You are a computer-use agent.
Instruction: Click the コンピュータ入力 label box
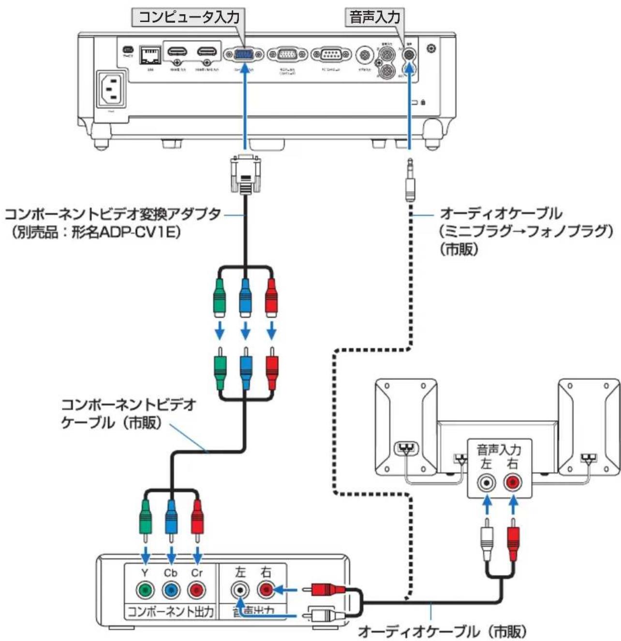pos(189,18)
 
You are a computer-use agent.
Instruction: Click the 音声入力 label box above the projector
pos(375,18)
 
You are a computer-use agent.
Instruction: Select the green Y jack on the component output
pos(145,590)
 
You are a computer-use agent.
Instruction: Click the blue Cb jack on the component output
pos(170,590)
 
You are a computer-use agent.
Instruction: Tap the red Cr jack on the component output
pos(196,590)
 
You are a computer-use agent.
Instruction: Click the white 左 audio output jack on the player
pos(240,590)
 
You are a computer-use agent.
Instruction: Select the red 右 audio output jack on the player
pos(266,590)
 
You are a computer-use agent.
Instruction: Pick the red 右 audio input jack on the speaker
pos(513,482)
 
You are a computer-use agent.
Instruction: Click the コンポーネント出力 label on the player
pos(170,612)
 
